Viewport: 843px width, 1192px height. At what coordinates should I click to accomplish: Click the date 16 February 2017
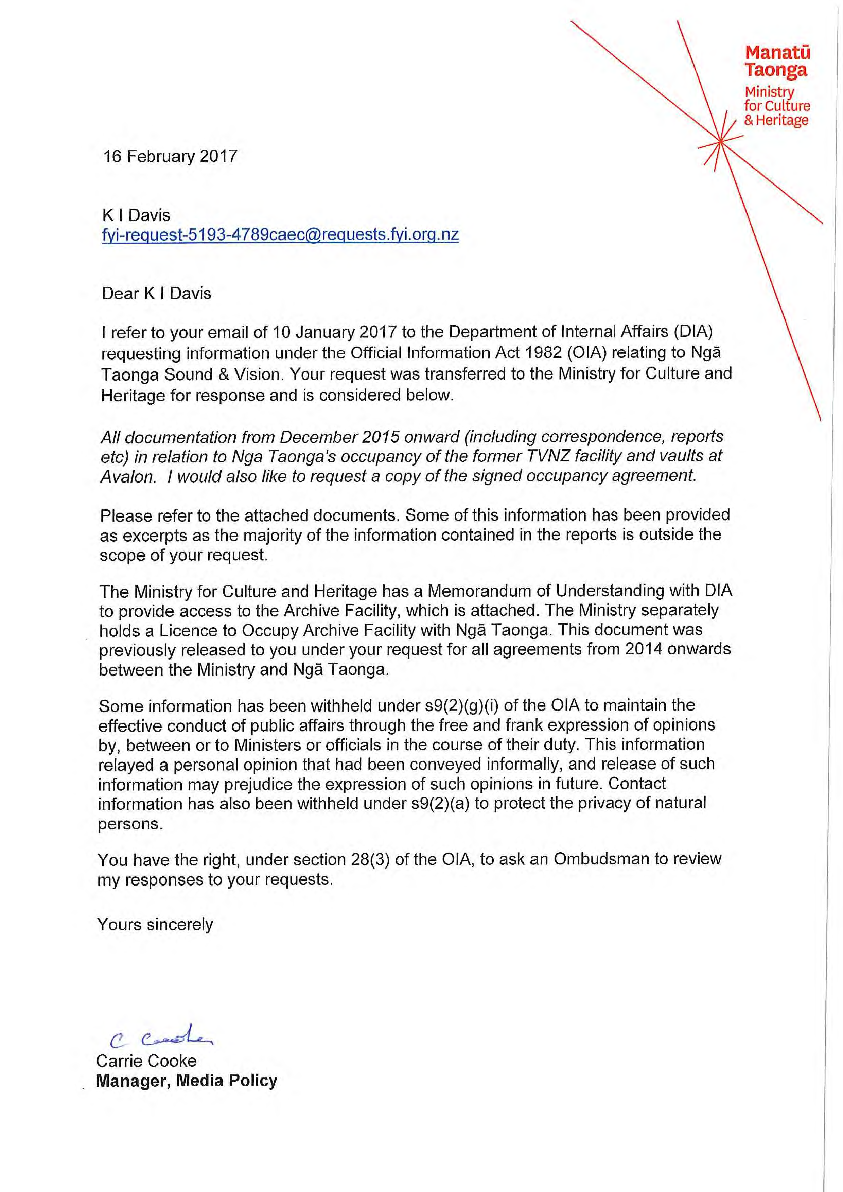pyautogui.click(x=170, y=156)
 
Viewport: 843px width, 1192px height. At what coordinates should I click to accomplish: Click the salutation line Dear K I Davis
pyautogui.click(x=156, y=293)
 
